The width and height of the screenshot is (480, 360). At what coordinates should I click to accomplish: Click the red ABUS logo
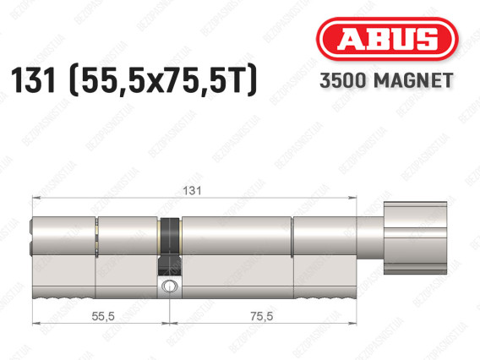click(387, 39)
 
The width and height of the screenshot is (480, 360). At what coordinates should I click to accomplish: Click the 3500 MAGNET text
click(386, 80)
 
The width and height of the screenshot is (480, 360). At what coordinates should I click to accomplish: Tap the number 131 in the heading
click(33, 80)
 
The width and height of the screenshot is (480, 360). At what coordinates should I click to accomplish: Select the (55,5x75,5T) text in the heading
click(163, 80)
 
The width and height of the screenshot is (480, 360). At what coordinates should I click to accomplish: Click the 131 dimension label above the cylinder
click(192, 191)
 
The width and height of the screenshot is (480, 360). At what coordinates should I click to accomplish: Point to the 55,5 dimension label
click(103, 316)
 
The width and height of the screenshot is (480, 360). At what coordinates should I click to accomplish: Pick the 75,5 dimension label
click(261, 316)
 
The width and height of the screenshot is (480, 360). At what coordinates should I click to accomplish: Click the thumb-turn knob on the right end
click(416, 237)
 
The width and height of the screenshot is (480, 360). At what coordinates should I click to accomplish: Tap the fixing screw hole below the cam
click(169, 286)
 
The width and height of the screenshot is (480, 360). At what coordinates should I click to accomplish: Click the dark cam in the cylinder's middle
click(169, 246)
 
